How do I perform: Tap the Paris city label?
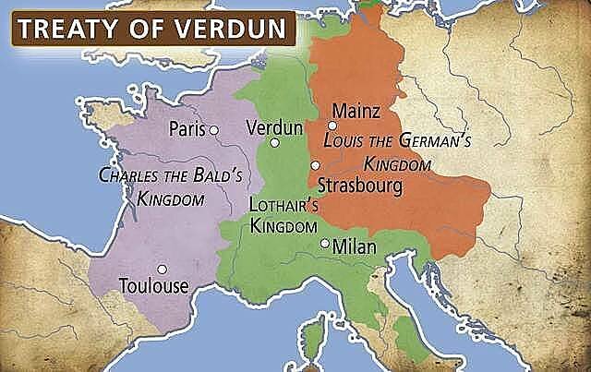(187, 129)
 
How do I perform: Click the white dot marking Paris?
(213, 130)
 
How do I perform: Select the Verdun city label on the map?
(271, 127)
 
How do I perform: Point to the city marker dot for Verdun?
(274, 143)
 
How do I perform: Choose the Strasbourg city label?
(360, 185)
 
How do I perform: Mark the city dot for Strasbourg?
(316, 165)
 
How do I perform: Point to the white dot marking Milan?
(324, 244)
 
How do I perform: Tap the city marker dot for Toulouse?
(163, 269)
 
